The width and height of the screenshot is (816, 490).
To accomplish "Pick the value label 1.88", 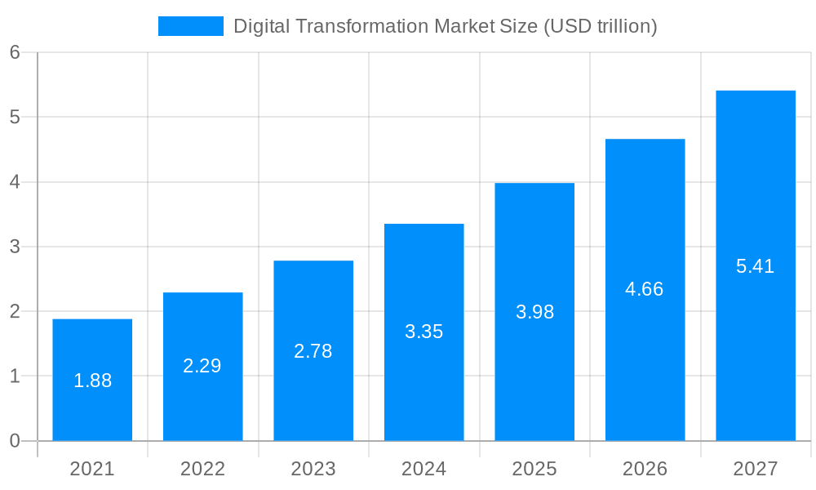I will (x=92, y=381).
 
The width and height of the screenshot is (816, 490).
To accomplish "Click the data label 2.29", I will (x=202, y=366).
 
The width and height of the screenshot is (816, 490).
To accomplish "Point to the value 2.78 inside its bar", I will (x=313, y=351).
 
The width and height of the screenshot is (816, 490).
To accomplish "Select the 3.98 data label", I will (x=534, y=312).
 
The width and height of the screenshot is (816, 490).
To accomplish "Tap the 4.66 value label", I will (x=645, y=289).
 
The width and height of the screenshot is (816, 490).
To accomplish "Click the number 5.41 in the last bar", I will (x=756, y=266).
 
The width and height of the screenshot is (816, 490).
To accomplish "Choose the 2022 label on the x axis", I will (x=202, y=469).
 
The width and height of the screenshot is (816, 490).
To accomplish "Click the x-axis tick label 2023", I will (x=313, y=469).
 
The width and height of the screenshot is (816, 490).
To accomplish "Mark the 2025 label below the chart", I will (x=534, y=469).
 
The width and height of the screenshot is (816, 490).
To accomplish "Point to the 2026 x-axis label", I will (x=645, y=469).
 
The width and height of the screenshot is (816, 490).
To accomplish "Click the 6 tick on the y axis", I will (x=15, y=52).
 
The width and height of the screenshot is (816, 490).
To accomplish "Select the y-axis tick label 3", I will (x=15, y=247).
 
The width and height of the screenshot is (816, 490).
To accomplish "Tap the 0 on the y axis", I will (x=15, y=441).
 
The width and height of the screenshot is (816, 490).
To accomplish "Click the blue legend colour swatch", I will (x=190, y=26).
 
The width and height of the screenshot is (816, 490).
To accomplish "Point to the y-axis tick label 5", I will (x=15, y=117).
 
